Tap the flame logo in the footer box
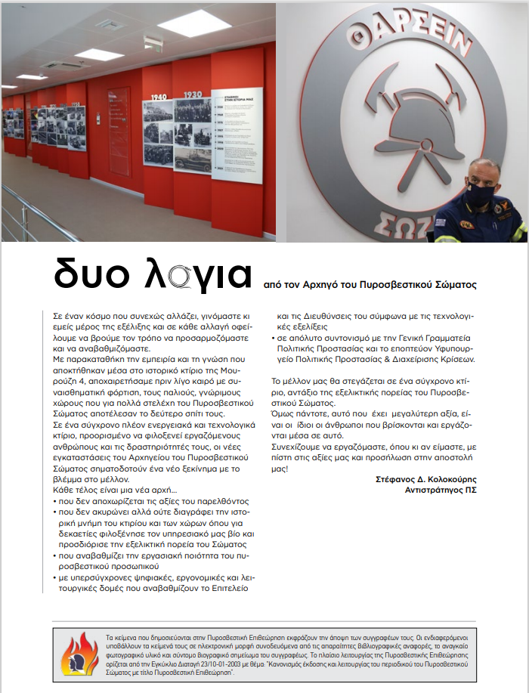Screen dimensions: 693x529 pyautogui.click(x=79, y=654)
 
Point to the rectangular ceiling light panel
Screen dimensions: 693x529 pyautogui.click(x=194, y=23)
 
